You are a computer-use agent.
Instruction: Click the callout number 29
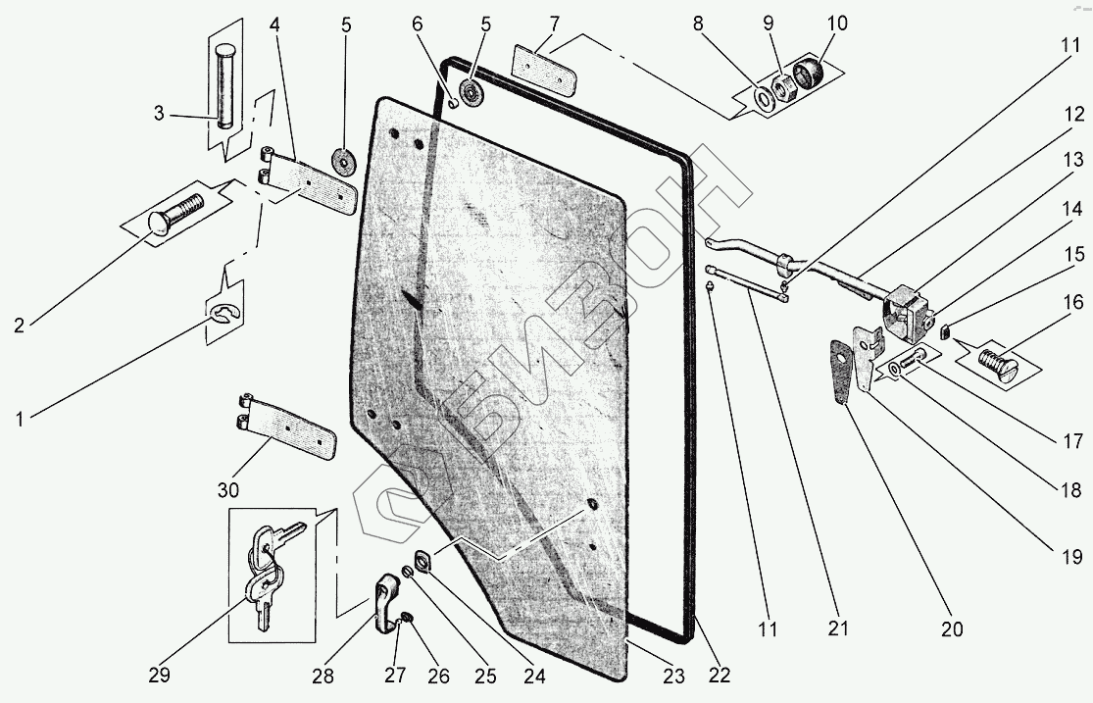[160, 675]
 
